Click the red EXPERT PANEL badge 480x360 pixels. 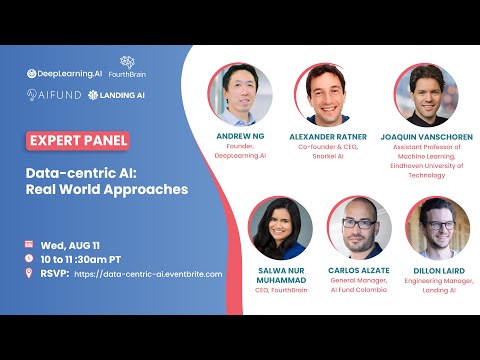[78, 141]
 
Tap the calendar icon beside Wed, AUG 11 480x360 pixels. [29, 244]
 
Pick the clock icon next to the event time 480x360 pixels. [29, 258]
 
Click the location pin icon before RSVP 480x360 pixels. [29, 273]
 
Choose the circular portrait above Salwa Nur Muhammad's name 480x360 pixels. [280, 228]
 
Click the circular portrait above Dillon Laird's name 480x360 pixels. [437, 228]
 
